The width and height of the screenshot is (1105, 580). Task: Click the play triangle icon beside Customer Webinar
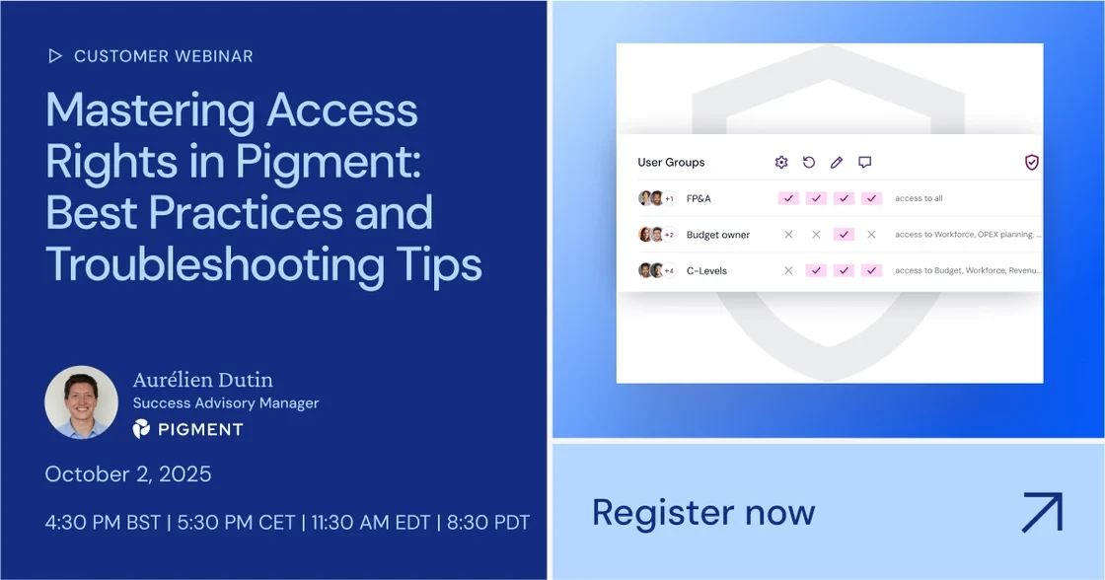(x=55, y=55)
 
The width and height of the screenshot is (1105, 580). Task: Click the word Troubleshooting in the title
(x=215, y=266)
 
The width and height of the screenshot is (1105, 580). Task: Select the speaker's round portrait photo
(x=81, y=401)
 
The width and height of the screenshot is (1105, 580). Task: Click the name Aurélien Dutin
(x=203, y=380)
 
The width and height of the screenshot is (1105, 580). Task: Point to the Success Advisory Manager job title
(x=226, y=403)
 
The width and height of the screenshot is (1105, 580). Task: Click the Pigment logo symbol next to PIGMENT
(x=141, y=428)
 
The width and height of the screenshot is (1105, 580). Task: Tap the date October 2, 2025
(x=128, y=473)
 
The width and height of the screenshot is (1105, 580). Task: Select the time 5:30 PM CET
(x=236, y=522)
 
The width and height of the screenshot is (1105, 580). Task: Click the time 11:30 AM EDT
(x=371, y=522)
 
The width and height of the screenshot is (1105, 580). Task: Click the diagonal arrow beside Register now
(x=1042, y=512)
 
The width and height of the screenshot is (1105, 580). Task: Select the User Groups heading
(x=671, y=162)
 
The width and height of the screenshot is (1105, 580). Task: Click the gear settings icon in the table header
(x=780, y=162)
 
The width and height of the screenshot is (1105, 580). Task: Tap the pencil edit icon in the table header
(x=837, y=162)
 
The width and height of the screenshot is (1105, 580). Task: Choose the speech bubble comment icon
(x=864, y=162)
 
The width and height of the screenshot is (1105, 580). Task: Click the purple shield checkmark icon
(x=1032, y=162)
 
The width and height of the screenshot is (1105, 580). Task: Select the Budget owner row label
(x=718, y=235)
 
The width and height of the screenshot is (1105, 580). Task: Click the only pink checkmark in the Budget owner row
(x=844, y=235)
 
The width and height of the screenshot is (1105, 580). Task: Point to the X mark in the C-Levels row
(x=788, y=270)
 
